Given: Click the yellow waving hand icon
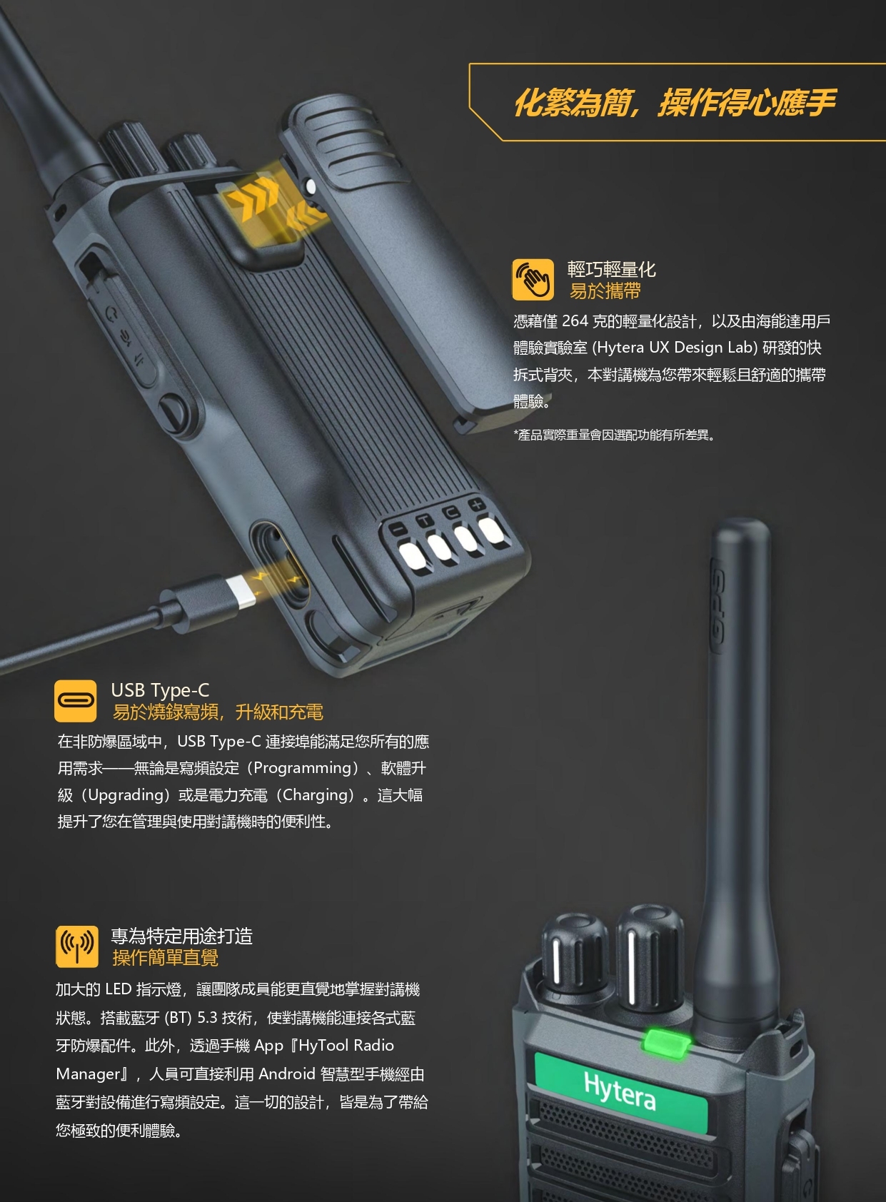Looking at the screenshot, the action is pos(533,279).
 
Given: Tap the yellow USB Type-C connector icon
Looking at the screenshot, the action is pos(75,701).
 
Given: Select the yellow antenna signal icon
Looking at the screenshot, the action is pos(76,946).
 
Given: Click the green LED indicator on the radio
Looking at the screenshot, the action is pos(666,1043).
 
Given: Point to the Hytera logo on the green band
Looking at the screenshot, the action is pos(619,1091).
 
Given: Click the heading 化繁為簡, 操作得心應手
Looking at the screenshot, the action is pos(675,103).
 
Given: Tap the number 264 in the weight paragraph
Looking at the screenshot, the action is pos(575,321).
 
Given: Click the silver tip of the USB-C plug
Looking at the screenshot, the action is pos(240,592).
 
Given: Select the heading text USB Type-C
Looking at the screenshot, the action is pos(160,690).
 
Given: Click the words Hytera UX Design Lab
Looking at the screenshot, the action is pos(675,348).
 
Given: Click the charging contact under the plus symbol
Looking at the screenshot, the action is pos(491,529).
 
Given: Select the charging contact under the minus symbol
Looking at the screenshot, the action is pos(412,557).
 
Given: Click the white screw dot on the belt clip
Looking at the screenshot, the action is pos(310,186).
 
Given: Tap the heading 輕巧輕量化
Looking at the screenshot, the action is pos(611,269).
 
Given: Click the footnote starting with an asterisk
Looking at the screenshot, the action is pos(615,435).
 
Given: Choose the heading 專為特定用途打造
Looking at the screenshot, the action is pos(181,936).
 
